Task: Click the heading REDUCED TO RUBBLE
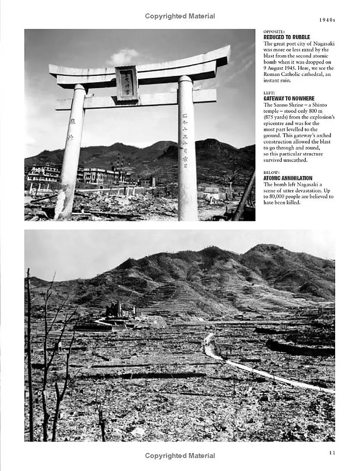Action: (286, 37)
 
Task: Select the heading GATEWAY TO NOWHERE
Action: (289, 98)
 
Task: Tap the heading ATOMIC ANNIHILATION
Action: (288, 178)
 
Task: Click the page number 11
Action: (332, 453)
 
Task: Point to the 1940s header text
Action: (327, 20)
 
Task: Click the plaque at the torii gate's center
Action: (127, 83)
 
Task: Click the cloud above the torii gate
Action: (123, 57)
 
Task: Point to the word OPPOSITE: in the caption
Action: (274, 32)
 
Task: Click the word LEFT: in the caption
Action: (269, 93)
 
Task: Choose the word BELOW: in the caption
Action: (271, 172)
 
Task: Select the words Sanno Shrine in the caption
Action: (288, 105)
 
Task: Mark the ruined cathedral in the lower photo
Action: (114, 310)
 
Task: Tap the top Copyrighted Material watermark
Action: (180, 16)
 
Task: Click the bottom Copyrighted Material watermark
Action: (180, 455)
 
